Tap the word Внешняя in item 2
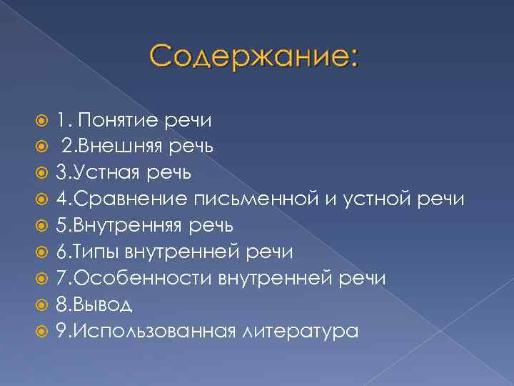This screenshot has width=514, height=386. (x=116, y=147)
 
